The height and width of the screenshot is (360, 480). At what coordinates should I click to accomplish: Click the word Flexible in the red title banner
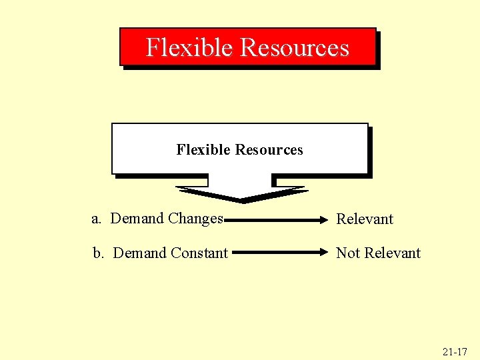coord(189,47)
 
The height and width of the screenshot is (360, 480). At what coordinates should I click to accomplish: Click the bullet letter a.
coord(97,219)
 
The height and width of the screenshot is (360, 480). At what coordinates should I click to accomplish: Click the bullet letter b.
coord(98,253)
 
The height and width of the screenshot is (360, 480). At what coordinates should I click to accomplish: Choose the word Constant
coord(199,253)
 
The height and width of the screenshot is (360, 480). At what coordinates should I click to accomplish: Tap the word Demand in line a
coord(137,218)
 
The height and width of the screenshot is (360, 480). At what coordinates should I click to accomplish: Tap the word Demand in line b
coord(140,253)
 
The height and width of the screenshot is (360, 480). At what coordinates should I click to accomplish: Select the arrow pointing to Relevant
coord(277,218)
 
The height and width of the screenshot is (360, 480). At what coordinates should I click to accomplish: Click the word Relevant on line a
coord(365,219)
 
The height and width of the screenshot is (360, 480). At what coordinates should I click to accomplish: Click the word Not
coord(347,253)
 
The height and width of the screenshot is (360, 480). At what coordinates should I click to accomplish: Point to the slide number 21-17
coord(454,350)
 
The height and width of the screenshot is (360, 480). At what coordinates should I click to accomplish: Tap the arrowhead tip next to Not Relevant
coord(328,253)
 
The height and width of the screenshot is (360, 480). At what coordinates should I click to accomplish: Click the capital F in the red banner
coord(153,47)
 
